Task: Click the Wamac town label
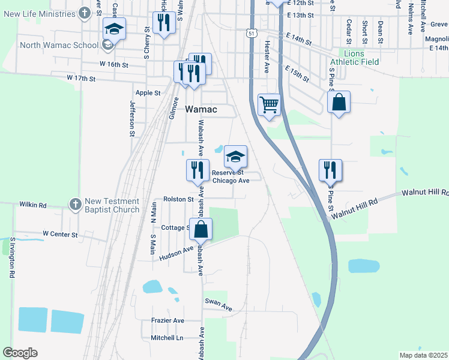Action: tap(200, 110)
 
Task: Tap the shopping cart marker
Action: tap(269, 104)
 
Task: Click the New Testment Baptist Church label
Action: tap(112, 205)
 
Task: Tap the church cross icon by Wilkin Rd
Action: tap(74, 204)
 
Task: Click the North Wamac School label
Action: tap(59, 46)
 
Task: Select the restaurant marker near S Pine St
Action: tap(330, 170)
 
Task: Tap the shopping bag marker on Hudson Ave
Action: tap(200, 229)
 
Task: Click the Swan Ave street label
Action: tap(218, 305)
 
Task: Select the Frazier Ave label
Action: tap(167, 320)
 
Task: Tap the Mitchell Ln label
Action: tap(167, 338)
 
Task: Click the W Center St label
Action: tap(60, 234)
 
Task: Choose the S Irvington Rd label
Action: tap(11, 257)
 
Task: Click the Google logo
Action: tap(20, 352)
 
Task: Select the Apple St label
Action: tap(148, 93)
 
